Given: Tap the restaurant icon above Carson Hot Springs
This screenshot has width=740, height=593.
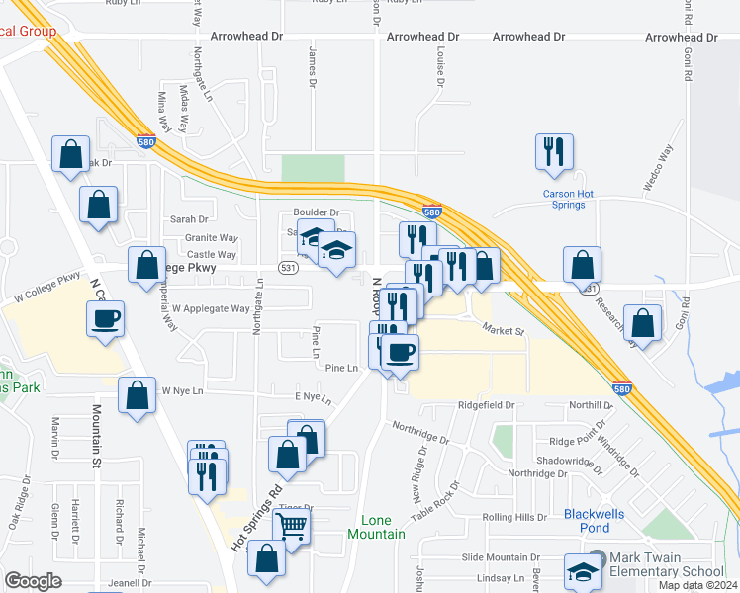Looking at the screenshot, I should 553,151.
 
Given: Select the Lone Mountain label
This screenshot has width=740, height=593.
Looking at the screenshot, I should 376,527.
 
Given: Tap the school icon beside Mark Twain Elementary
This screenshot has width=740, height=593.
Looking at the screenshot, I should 583,570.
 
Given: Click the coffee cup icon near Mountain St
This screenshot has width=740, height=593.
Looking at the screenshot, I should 106,318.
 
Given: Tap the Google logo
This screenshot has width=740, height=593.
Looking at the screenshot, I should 34,581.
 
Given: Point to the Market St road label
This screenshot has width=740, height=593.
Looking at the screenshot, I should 503,330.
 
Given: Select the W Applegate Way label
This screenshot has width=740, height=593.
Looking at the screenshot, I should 211,308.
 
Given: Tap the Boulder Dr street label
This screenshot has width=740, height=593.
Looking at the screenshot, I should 316,212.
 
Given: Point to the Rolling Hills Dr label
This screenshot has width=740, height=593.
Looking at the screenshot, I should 513,518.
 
